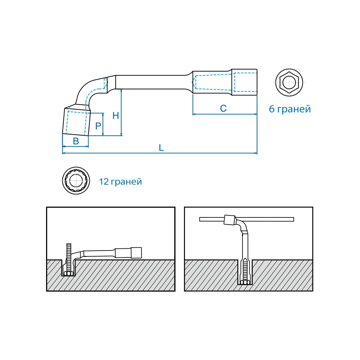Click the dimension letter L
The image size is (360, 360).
tap(161, 148)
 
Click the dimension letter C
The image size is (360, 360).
tap(223, 108)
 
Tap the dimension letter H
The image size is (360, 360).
tap(116, 116)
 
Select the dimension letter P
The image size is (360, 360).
tap(98, 126)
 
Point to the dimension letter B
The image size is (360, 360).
tap(76, 141)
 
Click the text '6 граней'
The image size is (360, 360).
tap(290, 109)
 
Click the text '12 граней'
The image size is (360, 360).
tap(121, 181)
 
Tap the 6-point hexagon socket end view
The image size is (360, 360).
tap(289, 82)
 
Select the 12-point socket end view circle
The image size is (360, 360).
tap(76, 180)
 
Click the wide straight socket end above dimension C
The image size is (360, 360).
tap(244, 82)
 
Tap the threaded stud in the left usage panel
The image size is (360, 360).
tap(69, 257)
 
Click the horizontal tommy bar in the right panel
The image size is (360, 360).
tap(247, 219)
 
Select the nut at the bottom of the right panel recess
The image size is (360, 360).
tap(245, 282)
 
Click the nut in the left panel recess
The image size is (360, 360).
tap(68, 274)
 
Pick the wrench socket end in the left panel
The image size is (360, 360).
tap(129, 253)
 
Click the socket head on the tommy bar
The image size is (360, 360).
tap(230, 220)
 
